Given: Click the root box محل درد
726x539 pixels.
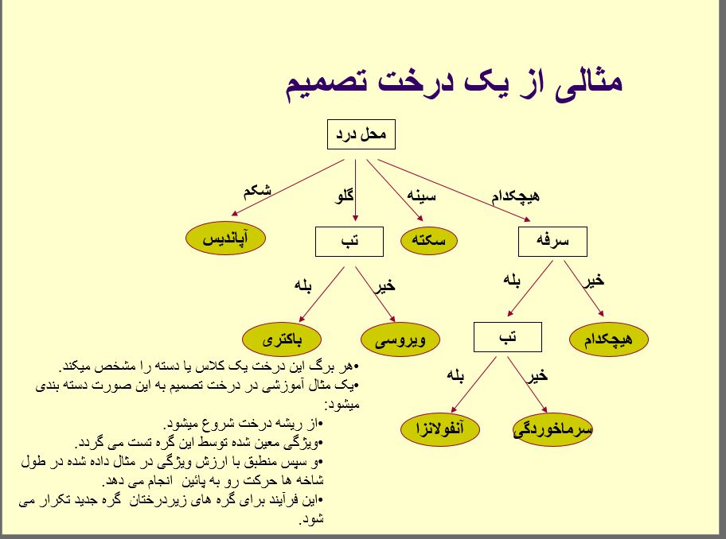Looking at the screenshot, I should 361,134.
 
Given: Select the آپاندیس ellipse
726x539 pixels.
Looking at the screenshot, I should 225,238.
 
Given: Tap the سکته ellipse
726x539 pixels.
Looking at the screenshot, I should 429,242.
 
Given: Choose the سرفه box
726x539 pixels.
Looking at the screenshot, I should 552,242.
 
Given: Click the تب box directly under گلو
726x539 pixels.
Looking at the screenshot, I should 349,242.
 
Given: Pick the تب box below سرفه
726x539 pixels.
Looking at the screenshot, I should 507,337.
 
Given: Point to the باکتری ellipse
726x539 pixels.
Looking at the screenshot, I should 282,339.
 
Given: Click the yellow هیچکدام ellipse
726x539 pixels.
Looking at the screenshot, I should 609,339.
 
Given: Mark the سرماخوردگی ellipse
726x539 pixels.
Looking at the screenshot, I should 553,430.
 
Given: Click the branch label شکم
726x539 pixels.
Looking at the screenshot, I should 257,191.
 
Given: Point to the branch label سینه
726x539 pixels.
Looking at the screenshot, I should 420,194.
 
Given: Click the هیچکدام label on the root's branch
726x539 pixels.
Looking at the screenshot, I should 516,195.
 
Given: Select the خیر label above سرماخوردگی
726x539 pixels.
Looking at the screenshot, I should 538,374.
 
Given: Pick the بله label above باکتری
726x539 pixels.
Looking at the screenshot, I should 303,285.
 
